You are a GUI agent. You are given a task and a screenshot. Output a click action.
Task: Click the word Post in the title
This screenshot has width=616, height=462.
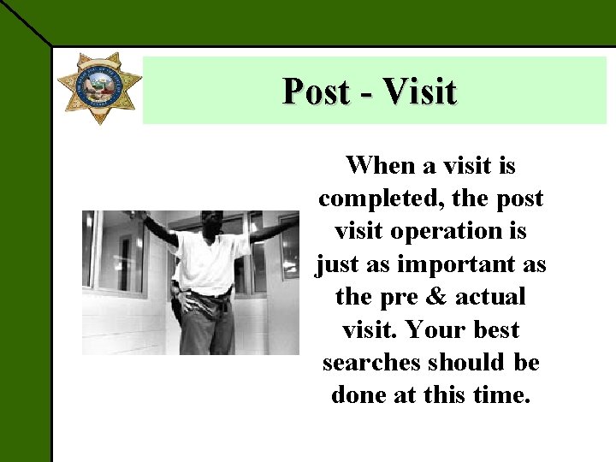(316, 91)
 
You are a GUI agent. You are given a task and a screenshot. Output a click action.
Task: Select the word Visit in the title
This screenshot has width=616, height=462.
(420, 91)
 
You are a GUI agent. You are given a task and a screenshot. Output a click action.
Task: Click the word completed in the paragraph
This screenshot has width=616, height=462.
(374, 198)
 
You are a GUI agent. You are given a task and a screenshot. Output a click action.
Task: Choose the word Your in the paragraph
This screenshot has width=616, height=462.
(432, 329)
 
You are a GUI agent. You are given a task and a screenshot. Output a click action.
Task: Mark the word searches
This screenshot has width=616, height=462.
(370, 363)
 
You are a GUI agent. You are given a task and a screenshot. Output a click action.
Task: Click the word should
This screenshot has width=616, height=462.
(467, 363)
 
